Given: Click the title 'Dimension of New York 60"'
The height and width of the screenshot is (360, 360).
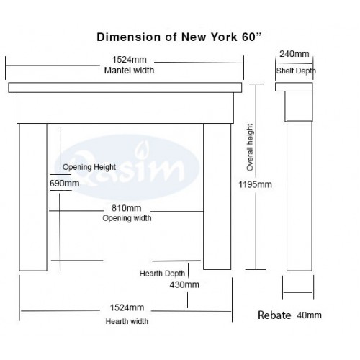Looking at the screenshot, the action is tap(179, 37).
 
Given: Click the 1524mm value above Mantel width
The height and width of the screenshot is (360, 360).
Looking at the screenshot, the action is tap(130, 60).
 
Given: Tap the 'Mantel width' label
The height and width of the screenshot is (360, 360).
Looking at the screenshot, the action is tap(129, 71).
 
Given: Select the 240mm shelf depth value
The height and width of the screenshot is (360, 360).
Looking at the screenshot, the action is tap(294, 54).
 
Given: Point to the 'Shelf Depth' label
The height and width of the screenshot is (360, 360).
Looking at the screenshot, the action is tap(296, 71).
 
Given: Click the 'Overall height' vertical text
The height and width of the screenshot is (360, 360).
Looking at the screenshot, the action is tap(250, 148).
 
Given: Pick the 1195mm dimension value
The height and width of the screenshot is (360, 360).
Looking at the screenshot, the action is tap(255, 184).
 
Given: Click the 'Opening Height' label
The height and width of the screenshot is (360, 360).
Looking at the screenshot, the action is tap(89, 167).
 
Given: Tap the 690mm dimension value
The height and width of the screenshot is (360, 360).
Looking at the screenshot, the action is tap(64, 184).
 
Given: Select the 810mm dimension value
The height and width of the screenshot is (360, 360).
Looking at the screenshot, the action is tap(127, 208).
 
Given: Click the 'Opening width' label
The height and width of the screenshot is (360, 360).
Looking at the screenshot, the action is tap(127, 218).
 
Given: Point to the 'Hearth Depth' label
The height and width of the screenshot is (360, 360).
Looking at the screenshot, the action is tap(162, 274).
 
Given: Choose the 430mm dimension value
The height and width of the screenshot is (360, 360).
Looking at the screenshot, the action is tap(184, 284).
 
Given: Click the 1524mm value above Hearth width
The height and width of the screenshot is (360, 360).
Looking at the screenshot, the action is tap(127, 307).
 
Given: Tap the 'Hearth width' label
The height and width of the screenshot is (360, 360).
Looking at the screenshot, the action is tap(127, 321).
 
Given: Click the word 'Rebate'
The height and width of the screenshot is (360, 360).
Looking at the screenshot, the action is tap(274, 315).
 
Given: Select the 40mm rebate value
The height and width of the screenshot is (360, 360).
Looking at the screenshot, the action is tap(309, 315).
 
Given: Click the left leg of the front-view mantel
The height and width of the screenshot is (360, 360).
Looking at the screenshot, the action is tap(33, 197).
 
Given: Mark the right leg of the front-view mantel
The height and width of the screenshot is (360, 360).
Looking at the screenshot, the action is tap(217, 197).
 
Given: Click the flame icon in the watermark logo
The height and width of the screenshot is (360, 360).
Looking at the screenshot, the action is tap(141, 151).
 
